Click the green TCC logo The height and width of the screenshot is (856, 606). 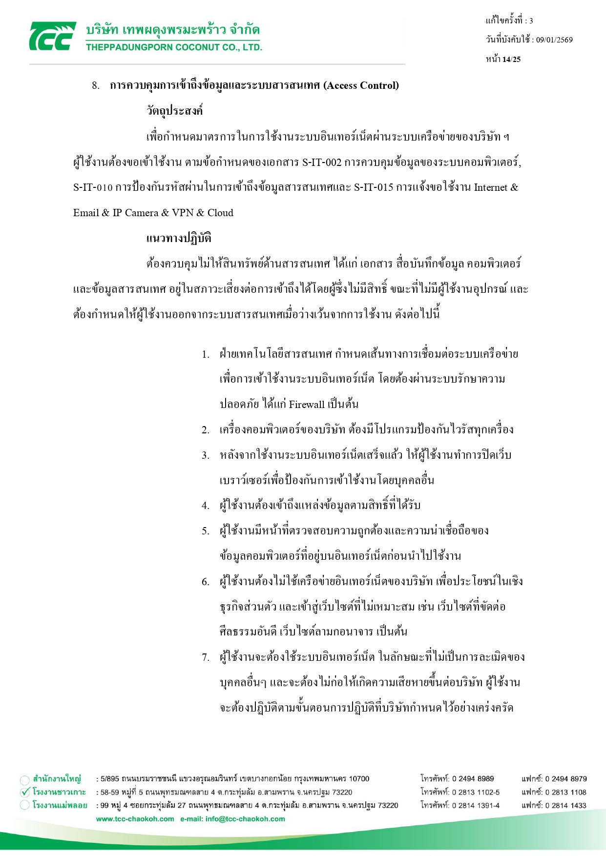[52, 36]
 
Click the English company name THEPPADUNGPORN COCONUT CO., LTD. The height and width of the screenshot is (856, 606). [174, 47]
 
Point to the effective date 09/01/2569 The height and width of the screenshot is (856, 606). [554, 40]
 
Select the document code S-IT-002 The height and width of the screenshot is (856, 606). [322, 162]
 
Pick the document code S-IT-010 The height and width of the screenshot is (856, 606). [93, 187]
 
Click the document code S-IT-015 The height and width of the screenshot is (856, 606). [374, 187]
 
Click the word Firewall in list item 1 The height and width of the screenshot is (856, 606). [307, 404]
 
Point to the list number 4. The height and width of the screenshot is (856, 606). [206, 506]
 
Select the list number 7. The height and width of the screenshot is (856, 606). [206, 657]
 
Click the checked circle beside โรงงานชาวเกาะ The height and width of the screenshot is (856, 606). [25, 792]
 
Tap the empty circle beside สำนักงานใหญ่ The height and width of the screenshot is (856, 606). [25, 779]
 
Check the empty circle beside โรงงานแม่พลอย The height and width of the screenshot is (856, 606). [25, 805]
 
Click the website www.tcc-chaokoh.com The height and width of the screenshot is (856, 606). [135, 819]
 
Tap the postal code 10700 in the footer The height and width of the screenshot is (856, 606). [359, 779]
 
